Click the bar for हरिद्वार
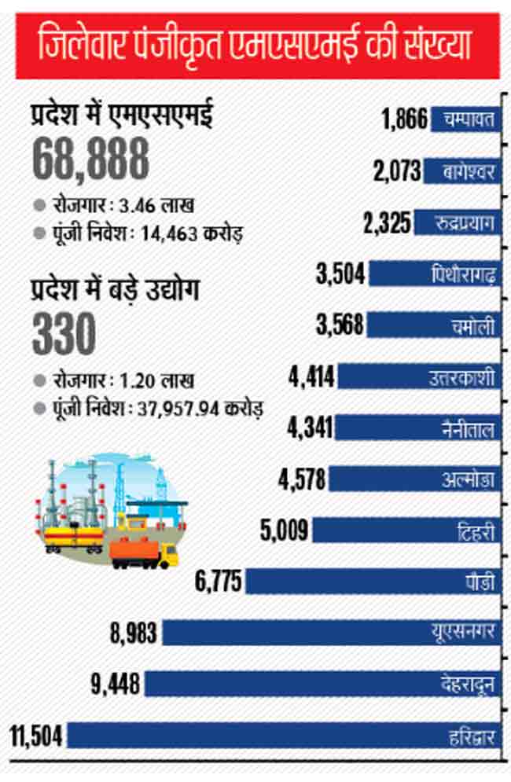(x=283, y=735)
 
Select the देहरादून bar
(x=322, y=684)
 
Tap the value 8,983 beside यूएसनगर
(x=134, y=633)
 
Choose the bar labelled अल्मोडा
(x=413, y=479)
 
